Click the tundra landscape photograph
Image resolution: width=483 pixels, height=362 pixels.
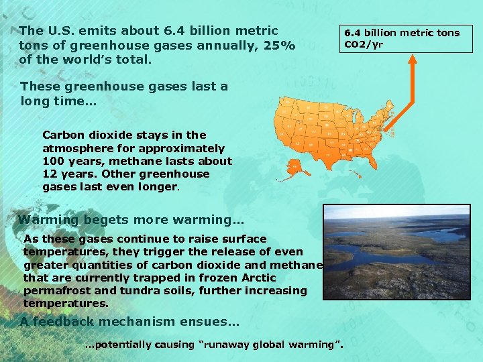pyautogui.click(x=396, y=251)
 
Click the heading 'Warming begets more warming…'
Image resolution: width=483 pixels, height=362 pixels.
pyautogui.click(x=131, y=220)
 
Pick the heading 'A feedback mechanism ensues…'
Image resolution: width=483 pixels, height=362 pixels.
pyautogui.click(x=129, y=322)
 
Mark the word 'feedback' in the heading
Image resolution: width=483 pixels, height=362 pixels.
pyautogui.click(x=62, y=322)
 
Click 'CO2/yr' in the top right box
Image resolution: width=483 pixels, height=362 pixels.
pyautogui.click(x=364, y=45)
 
